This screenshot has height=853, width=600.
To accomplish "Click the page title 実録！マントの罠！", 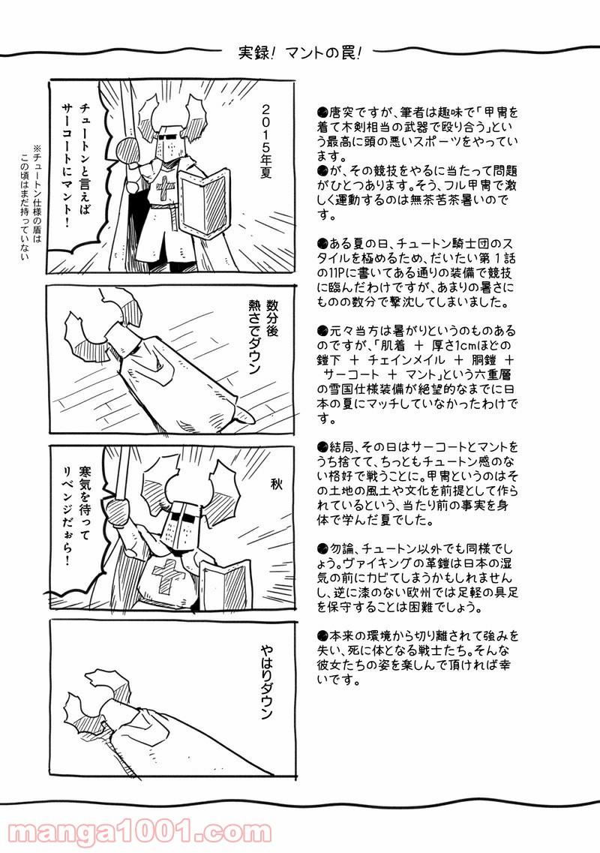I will pos(300,56).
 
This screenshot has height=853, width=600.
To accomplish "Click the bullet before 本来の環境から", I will pos(321,635).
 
